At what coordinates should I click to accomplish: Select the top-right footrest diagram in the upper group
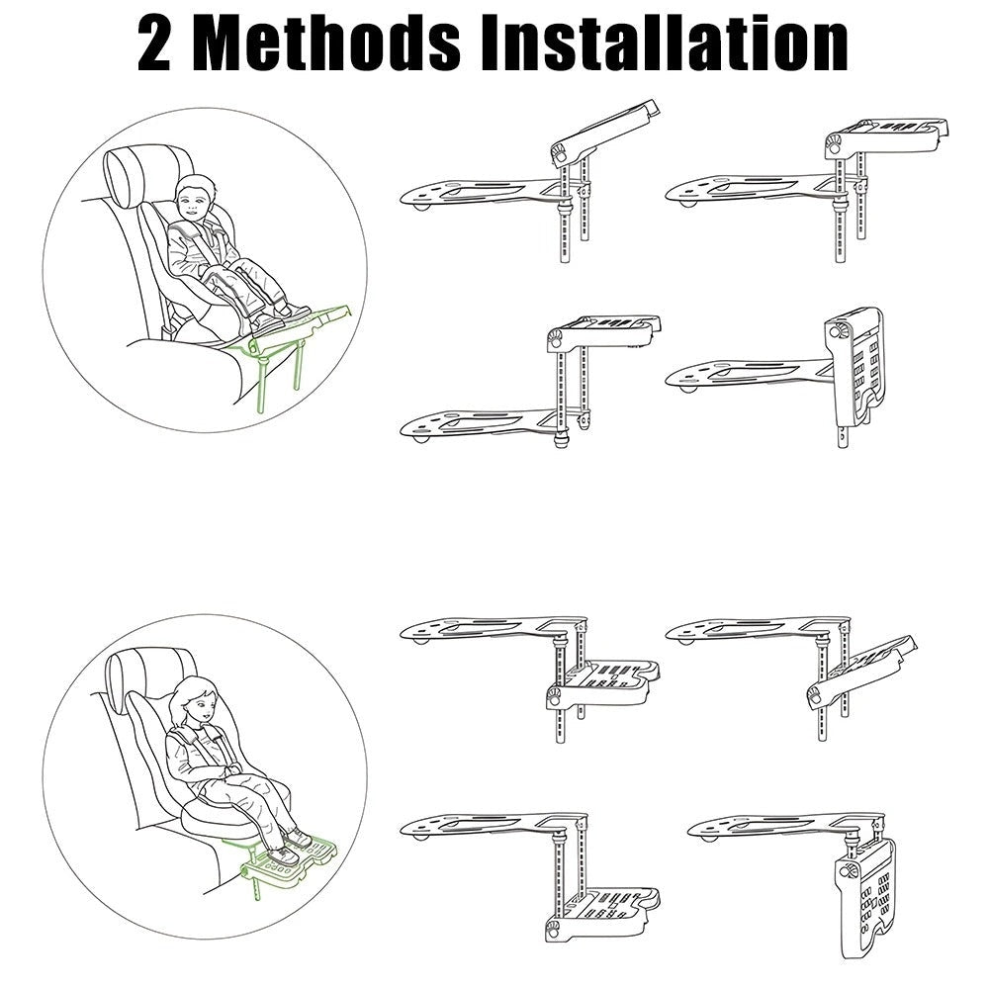(x=806, y=178)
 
